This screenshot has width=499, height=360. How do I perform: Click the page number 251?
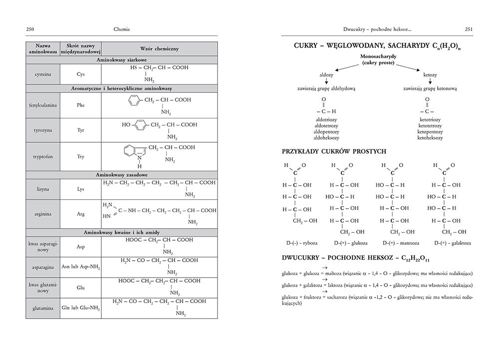tap(469, 30)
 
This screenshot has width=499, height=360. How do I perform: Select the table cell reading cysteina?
tap(42, 74)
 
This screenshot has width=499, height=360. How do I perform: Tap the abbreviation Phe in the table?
tap(81, 105)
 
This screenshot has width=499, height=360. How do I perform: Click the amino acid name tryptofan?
tap(42, 156)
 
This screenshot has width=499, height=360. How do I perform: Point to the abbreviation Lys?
tap(81, 189)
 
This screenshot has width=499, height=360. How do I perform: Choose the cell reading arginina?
tap(42, 214)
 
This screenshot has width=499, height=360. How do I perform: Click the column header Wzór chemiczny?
tap(159, 48)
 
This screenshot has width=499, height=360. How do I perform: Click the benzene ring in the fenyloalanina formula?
tap(132, 100)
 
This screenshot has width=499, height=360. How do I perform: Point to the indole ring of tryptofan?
tap(134, 152)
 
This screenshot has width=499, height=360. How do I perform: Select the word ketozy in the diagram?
tap(430, 74)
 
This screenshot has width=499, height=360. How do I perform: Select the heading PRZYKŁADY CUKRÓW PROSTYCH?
tap(334, 151)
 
